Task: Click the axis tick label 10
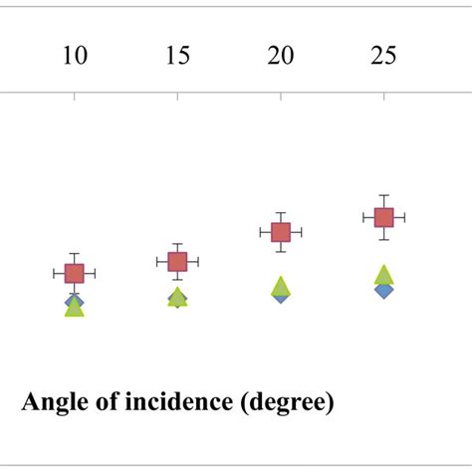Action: [x=75, y=56]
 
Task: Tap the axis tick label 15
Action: [x=177, y=56]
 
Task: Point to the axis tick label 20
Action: [x=281, y=56]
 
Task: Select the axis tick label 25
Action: [x=383, y=56]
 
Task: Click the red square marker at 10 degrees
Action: [x=74, y=273]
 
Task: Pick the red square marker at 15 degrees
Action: [x=177, y=262]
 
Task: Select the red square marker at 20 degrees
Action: [x=281, y=232]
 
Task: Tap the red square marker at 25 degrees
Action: [x=383, y=217]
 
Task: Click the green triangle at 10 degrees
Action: [x=74, y=309]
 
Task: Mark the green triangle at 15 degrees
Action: [x=177, y=296]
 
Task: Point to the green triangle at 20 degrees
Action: [x=281, y=287]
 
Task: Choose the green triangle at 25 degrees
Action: [x=383, y=274]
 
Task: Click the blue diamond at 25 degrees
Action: [x=383, y=291]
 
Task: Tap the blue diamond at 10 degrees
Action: [x=74, y=300]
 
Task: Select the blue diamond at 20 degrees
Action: [x=281, y=297]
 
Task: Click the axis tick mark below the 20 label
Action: [x=281, y=96]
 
